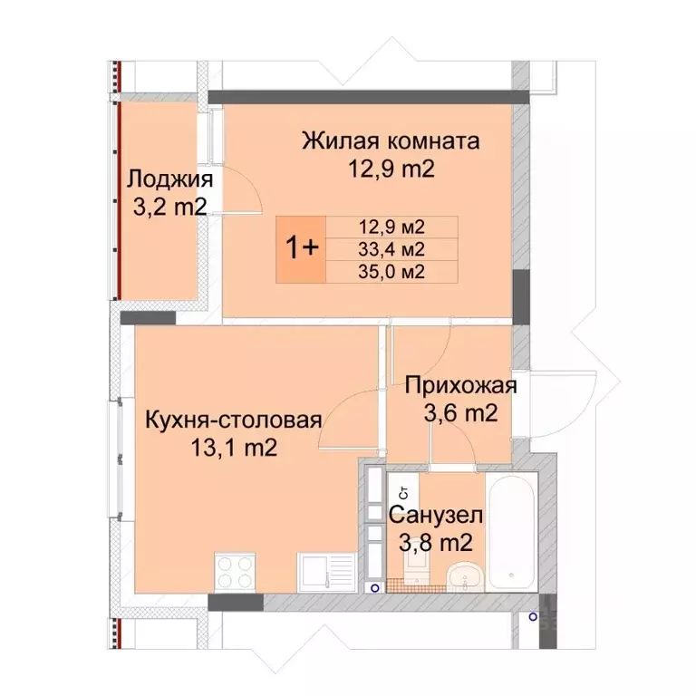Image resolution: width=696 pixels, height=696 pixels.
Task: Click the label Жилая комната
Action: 391,142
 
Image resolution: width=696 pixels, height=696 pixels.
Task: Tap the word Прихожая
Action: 460,387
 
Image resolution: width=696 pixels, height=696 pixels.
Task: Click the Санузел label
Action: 436,517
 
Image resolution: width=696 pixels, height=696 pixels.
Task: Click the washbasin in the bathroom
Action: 467,575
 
